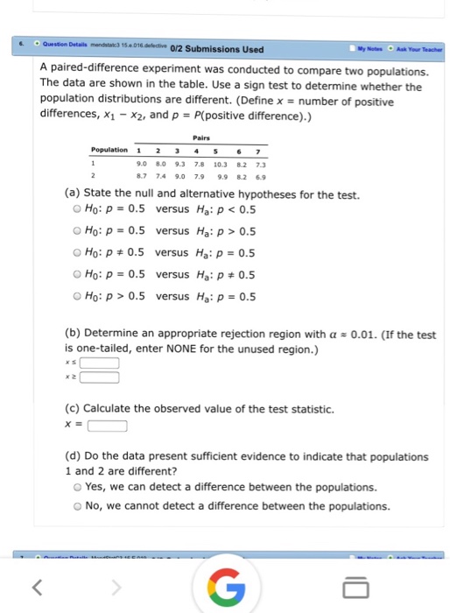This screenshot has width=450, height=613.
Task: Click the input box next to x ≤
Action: (x=101, y=363)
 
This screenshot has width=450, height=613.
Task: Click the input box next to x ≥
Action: (x=101, y=378)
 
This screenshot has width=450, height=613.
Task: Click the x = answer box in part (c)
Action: (x=108, y=426)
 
